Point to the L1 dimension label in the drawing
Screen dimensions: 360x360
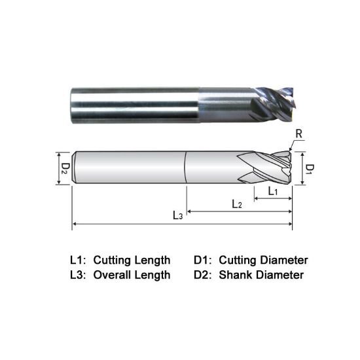point(274,190)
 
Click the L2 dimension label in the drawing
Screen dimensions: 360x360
point(237,204)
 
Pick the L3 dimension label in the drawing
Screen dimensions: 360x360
point(177,215)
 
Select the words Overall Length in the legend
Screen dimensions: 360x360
point(132,275)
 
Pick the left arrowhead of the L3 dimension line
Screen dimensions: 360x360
point(75,225)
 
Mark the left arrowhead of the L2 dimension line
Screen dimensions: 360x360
point(190,211)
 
